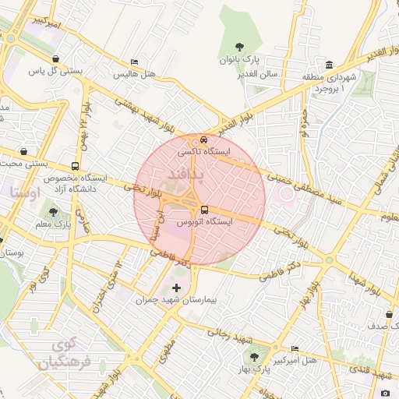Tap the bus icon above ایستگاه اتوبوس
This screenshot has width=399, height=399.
(204, 209)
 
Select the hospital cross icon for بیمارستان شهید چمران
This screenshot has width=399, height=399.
(175, 288)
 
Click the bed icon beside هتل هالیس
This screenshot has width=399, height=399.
(135, 62)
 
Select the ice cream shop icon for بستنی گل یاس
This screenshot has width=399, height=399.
(56, 58)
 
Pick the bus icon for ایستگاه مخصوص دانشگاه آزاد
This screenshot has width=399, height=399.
(75, 166)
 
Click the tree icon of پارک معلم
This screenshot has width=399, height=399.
(53, 211)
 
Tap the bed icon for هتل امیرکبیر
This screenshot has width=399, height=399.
(294, 348)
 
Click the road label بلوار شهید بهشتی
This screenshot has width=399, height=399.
(144, 113)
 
